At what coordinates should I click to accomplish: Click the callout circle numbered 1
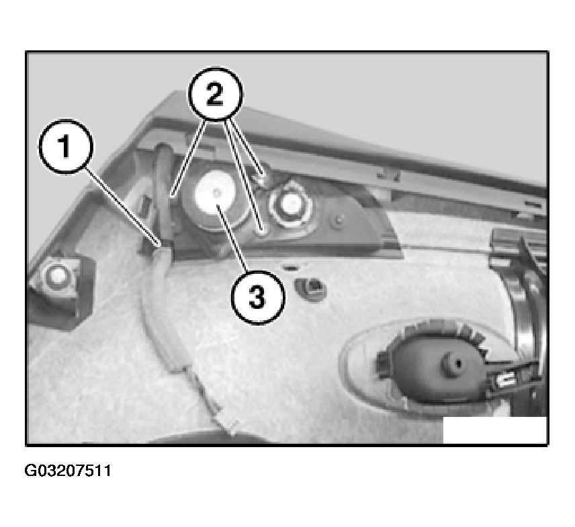[66, 146]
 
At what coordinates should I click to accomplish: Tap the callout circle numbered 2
[215, 94]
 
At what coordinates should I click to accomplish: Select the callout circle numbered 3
[258, 297]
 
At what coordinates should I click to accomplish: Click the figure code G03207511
[67, 471]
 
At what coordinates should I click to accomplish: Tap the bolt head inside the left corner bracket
[56, 277]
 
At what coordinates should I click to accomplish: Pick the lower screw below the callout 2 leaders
[262, 231]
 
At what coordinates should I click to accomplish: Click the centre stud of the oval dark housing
[453, 363]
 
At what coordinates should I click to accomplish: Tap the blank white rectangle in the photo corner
[494, 430]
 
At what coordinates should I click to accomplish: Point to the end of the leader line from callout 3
[217, 205]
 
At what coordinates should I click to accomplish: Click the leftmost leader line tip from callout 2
[172, 195]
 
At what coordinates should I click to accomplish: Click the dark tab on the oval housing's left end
[382, 363]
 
